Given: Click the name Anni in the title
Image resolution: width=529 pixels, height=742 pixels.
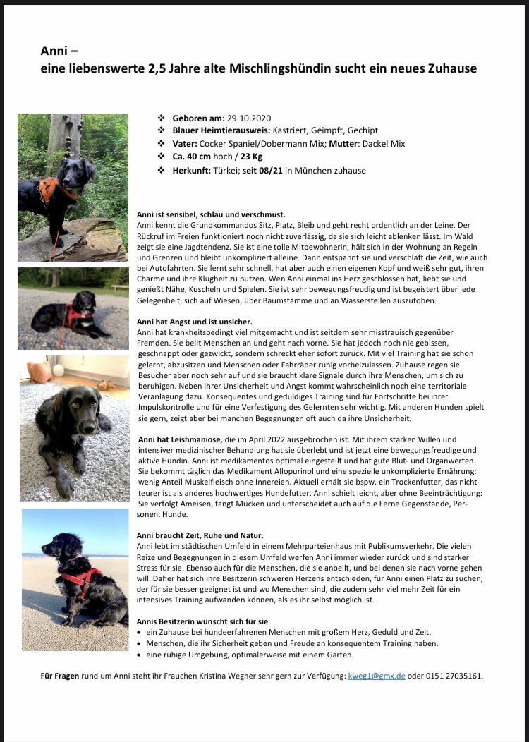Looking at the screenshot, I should tap(55, 51).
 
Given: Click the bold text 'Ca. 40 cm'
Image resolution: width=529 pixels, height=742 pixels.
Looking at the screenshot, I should tap(189, 157).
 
